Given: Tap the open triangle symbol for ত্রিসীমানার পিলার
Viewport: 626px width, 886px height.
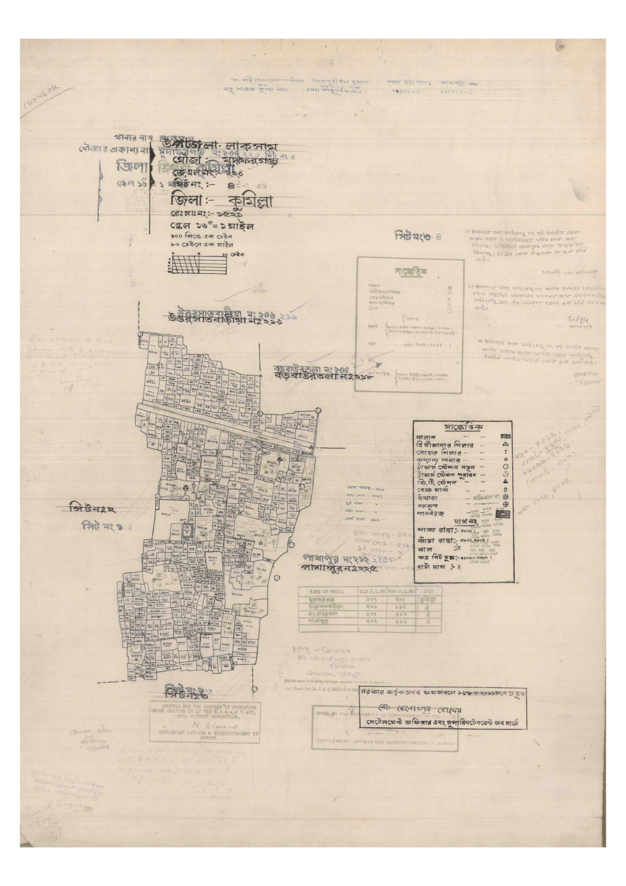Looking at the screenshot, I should point(506,445).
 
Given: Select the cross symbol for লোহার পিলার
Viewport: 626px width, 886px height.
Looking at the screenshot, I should point(506,452).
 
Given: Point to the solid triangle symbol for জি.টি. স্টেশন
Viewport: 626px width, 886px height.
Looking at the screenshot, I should point(506,482).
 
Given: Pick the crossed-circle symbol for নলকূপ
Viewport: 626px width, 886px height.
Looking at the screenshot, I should point(506,505).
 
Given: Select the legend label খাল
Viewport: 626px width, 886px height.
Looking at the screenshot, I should point(425,549).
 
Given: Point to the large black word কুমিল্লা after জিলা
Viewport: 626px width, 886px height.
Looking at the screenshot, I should point(241,202).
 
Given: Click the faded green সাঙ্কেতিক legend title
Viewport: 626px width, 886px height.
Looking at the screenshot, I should point(410,271).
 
